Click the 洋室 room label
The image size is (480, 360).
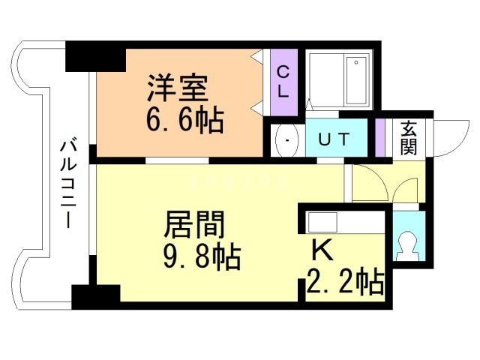click(x=176, y=88)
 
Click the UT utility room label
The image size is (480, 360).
click(x=334, y=139)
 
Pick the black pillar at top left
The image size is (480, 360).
click(x=95, y=57)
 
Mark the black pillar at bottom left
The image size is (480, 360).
click(x=95, y=295)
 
